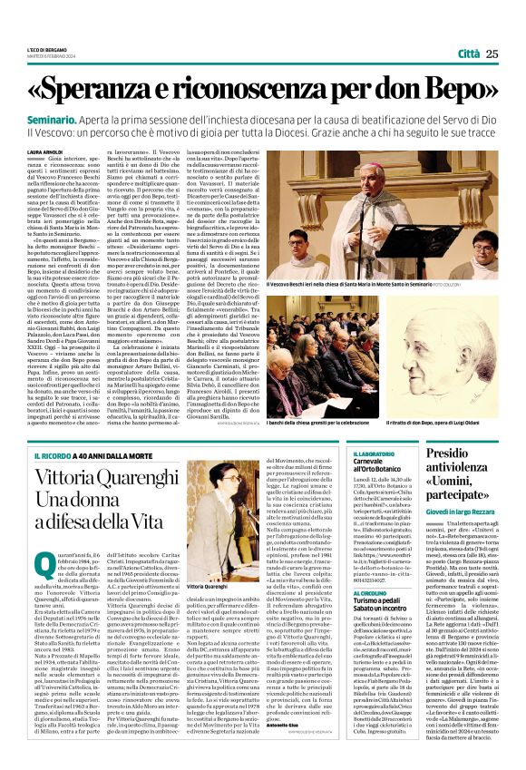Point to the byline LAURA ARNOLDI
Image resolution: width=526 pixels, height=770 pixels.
(x=45, y=151)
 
